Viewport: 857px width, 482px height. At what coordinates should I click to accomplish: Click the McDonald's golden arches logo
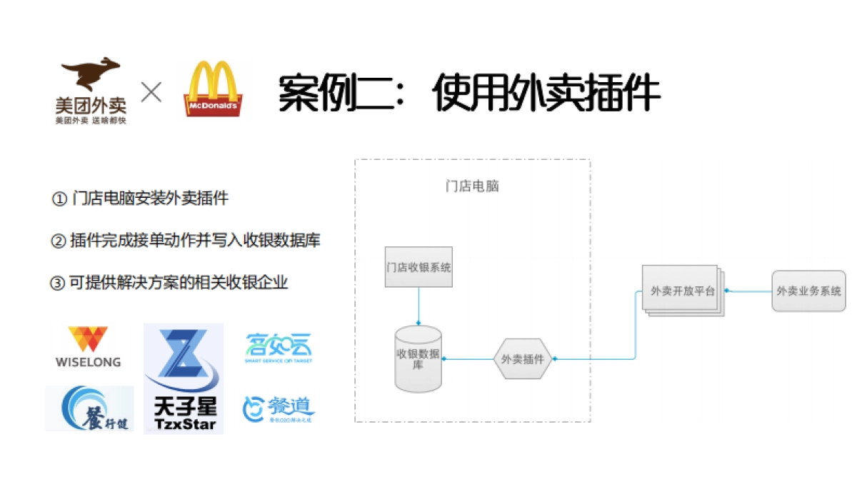click(x=213, y=89)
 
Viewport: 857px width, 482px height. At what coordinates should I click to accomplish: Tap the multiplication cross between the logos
click(x=151, y=93)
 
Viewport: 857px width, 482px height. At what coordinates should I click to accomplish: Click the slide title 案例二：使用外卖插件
click(x=468, y=94)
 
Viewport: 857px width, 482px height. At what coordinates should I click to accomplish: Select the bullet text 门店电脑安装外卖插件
click(x=150, y=199)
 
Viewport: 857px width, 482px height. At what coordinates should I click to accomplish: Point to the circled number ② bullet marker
click(x=58, y=241)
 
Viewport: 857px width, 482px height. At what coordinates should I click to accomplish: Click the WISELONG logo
click(x=89, y=346)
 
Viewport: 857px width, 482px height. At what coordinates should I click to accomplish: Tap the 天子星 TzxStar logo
click(x=184, y=378)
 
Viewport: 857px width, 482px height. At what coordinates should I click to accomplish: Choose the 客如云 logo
click(x=279, y=348)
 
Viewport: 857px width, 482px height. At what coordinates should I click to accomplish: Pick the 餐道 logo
click(x=279, y=408)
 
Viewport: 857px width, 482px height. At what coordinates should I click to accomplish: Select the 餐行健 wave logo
click(x=89, y=408)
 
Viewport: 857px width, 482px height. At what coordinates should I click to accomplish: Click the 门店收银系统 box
click(x=419, y=268)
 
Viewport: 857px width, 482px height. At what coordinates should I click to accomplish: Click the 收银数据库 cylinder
click(x=419, y=359)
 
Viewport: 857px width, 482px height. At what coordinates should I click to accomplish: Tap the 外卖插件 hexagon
click(x=523, y=359)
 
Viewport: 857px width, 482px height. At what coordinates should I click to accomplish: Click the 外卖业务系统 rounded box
click(x=808, y=291)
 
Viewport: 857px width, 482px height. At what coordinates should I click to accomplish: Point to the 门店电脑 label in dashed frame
click(x=472, y=186)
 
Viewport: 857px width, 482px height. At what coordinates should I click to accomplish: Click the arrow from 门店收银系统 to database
click(x=419, y=307)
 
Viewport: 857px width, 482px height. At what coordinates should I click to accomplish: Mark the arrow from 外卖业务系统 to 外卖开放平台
click(x=748, y=291)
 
